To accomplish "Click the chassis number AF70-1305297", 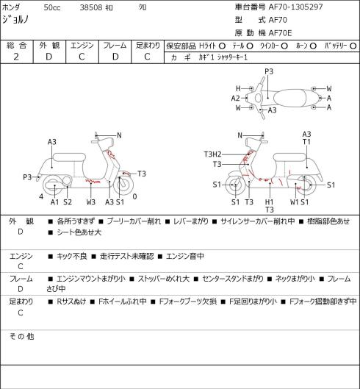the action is pyautogui.click(x=296, y=7).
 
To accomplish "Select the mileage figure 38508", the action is pyautogui.click(x=91, y=7).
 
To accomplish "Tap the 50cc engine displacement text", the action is pyautogui.click(x=52, y=7).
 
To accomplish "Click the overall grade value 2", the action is pyautogui.click(x=16, y=57).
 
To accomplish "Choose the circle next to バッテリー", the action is pyautogui.click(x=353, y=46).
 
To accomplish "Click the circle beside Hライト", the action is pyautogui.click(x=222, y=46).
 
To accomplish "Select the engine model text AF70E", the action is pyautogui.click(x=281, y=33).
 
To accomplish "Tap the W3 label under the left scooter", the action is pyautogui.click(x=91, y=202).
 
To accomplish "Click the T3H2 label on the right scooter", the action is pyautogui.click(x=213, y=154).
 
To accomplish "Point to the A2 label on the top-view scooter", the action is pyautogui.click(x=235, y=99).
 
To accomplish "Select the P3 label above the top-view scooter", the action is pyautogui.click(x=269, y=72).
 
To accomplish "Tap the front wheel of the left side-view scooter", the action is pyautogui.click(x=123, y=185).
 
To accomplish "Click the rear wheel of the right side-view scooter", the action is pyautogui.click(x=306, y=185).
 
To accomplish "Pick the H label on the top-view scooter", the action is pyautogui.click(x=238, y=88).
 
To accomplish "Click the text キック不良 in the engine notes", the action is pyautogui.click(x=72, y=256).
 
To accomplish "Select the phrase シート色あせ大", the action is pyautogui.click(x=79, y=232).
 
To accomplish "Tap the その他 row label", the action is pyautogui.click(x=21, y=337).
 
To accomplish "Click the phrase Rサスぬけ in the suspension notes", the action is pyautogui.click(x=71, y=301).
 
